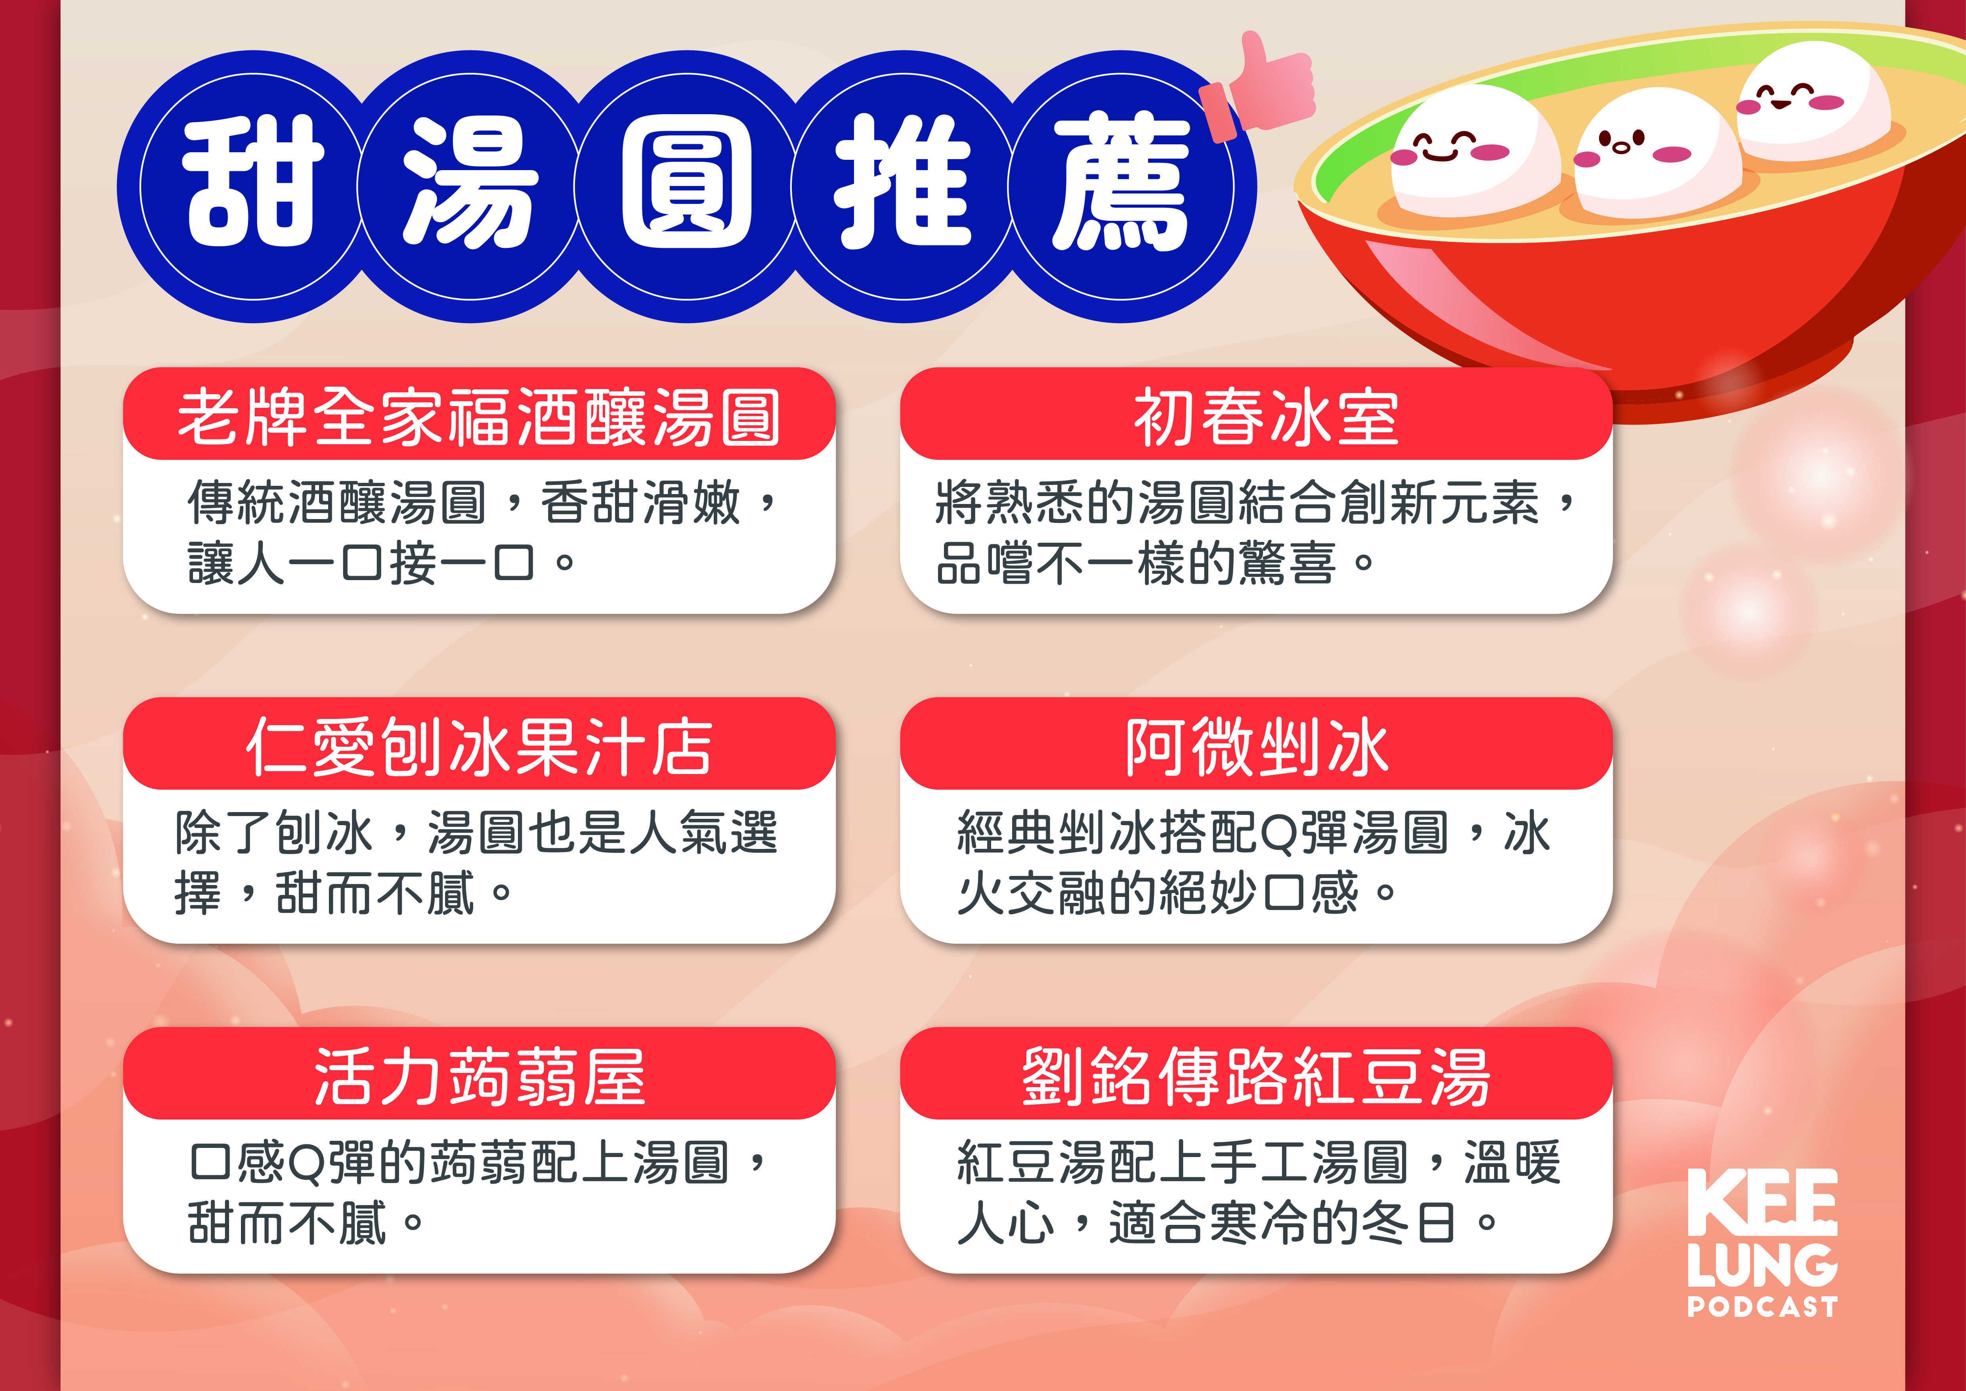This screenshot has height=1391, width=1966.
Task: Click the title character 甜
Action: (254, 184)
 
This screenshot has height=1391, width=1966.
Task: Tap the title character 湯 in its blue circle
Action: (470, 184)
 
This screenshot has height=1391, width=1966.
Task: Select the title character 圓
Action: (687, 184)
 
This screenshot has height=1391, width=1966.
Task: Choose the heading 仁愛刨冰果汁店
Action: (479, 747)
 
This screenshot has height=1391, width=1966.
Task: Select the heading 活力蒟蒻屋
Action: (479, 1077)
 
